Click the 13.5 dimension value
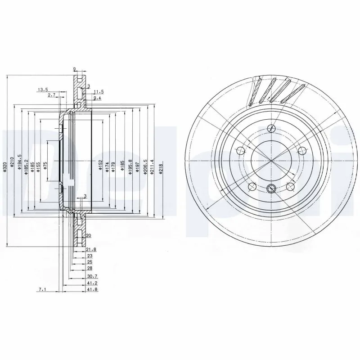click(x=43, y=90)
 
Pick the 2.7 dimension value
click(x=51, y=95)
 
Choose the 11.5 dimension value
click(x=98, y=91)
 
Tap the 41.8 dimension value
click(x=92, y=289)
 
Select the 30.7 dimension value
click(x=92, y=275)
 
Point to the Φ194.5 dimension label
click(x=19, y=162)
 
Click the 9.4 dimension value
click(x=97, y=98)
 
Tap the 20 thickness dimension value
click(x=88, y=235)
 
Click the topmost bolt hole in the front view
click(x=270, y=128)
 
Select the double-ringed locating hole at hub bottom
click(x=271, y=188)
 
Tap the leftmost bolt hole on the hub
click(x=241, y=151)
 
